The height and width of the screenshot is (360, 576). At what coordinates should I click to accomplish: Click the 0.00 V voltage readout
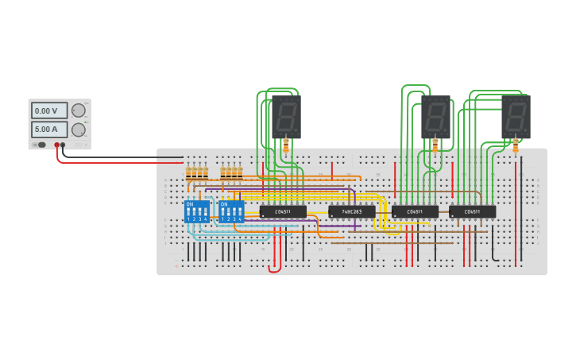(x=48, y=110)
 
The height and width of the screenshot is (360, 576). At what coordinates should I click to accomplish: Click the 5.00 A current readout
(x=48, y=129)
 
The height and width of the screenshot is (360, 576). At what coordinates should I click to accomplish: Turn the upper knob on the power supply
(x=79, y=110)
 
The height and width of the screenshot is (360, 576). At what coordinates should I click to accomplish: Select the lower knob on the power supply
(x=79, y=130)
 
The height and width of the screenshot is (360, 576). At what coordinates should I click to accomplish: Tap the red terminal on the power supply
(x=56, y=145)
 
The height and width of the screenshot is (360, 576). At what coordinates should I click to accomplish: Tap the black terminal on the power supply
(x=63, y=145)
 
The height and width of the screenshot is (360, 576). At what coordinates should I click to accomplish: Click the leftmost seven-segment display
(x=286, y=116)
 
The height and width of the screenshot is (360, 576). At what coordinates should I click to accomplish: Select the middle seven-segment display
(x=435, y=116)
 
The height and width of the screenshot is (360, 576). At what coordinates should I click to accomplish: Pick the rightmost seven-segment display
(x=516, y=116)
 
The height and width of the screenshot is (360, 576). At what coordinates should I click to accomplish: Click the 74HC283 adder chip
(x=351, y=212)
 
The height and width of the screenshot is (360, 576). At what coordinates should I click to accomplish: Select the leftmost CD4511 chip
(x=283, y=212)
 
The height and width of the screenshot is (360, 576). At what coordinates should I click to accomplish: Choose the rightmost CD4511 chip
(x=472, y=212)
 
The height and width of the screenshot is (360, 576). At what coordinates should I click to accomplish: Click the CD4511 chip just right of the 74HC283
(x=415, y=212)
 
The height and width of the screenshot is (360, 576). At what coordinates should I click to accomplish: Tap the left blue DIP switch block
(x=196, y=211)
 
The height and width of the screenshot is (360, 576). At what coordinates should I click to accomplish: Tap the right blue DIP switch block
(x=231, y=211)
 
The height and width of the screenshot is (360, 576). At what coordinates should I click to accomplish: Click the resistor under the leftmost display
(x=286, y=145)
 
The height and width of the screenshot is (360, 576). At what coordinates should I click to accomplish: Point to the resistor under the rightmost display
(x=516, y=145)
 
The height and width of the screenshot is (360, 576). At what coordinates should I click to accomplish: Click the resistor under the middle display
(x=435, y=145)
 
